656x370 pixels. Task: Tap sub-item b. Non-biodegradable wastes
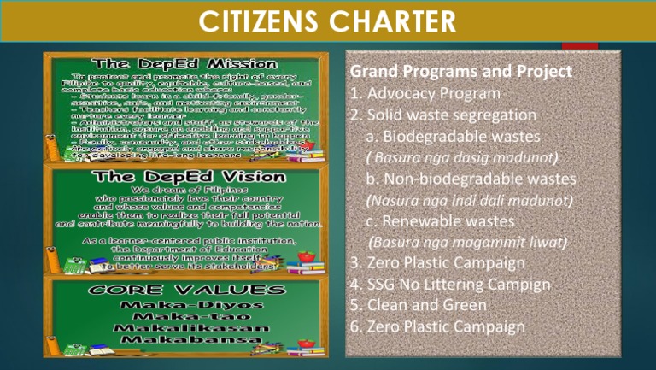pyautogui.click(x=470, y=179)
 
